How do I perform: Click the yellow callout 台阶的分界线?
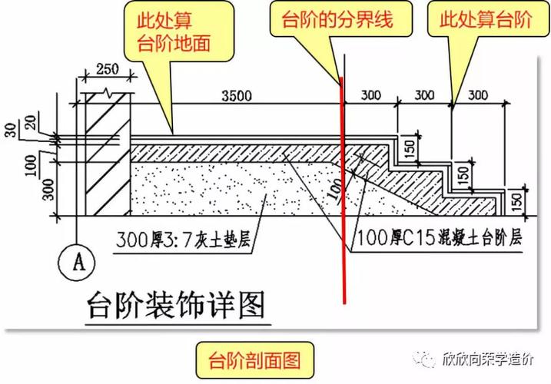340,21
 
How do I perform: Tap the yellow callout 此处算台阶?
486,21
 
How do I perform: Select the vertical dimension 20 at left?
28,124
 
